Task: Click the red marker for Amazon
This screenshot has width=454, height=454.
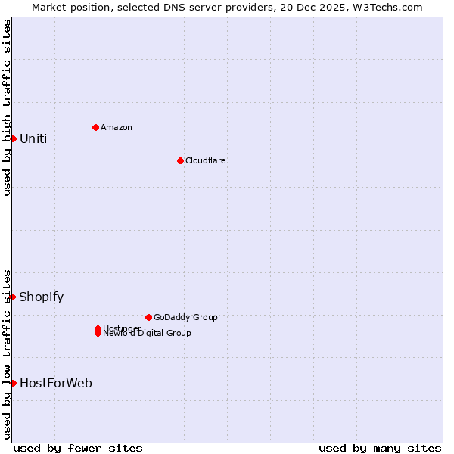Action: coord(95,127)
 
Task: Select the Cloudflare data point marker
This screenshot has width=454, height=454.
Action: coord(180,160)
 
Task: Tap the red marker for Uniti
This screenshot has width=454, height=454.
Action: coord(13,138)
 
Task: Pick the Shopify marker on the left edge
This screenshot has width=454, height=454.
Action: coord(13,297)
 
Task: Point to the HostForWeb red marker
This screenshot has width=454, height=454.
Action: coord(13,383)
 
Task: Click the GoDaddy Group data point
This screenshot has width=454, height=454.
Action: coord(148,317)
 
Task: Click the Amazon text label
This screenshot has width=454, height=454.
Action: coord(117,127)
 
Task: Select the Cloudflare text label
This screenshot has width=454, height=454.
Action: coord(206,160)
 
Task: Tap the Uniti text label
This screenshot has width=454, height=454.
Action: coord(33,138)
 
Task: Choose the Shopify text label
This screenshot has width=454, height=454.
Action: coord(42,297)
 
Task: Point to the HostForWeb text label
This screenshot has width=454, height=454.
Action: coord(56,383)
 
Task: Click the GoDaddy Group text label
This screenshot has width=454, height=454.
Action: coord(185,317)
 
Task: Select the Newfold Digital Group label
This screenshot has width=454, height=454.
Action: coord(148,334)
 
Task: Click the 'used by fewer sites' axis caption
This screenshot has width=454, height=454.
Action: coord(78,448)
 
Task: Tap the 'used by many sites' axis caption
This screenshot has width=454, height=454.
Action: coord(380,448)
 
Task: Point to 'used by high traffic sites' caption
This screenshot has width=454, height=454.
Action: coord(8,107)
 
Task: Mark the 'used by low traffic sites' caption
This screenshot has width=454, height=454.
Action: coord(8,353)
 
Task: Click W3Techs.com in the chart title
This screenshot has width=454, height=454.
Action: coord(386,7)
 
